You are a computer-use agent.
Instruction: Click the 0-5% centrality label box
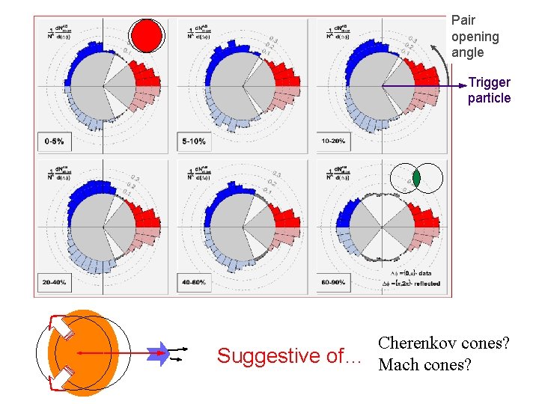point(54,141)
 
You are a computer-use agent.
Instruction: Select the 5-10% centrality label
point(193,141)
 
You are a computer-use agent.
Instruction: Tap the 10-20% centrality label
point(334,141)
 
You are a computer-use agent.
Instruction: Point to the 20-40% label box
point(54,283)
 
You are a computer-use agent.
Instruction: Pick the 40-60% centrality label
point(193,283)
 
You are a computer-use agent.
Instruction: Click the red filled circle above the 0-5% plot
point(147,34)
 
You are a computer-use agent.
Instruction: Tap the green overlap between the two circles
point(416,179)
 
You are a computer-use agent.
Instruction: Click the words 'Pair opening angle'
point(475,36)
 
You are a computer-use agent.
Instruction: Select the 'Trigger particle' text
point(489,90)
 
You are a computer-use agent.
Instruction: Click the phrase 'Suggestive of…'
point(289,356)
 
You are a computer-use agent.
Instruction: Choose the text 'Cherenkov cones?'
point(444,343)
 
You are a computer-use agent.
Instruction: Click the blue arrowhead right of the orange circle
point(159,353)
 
